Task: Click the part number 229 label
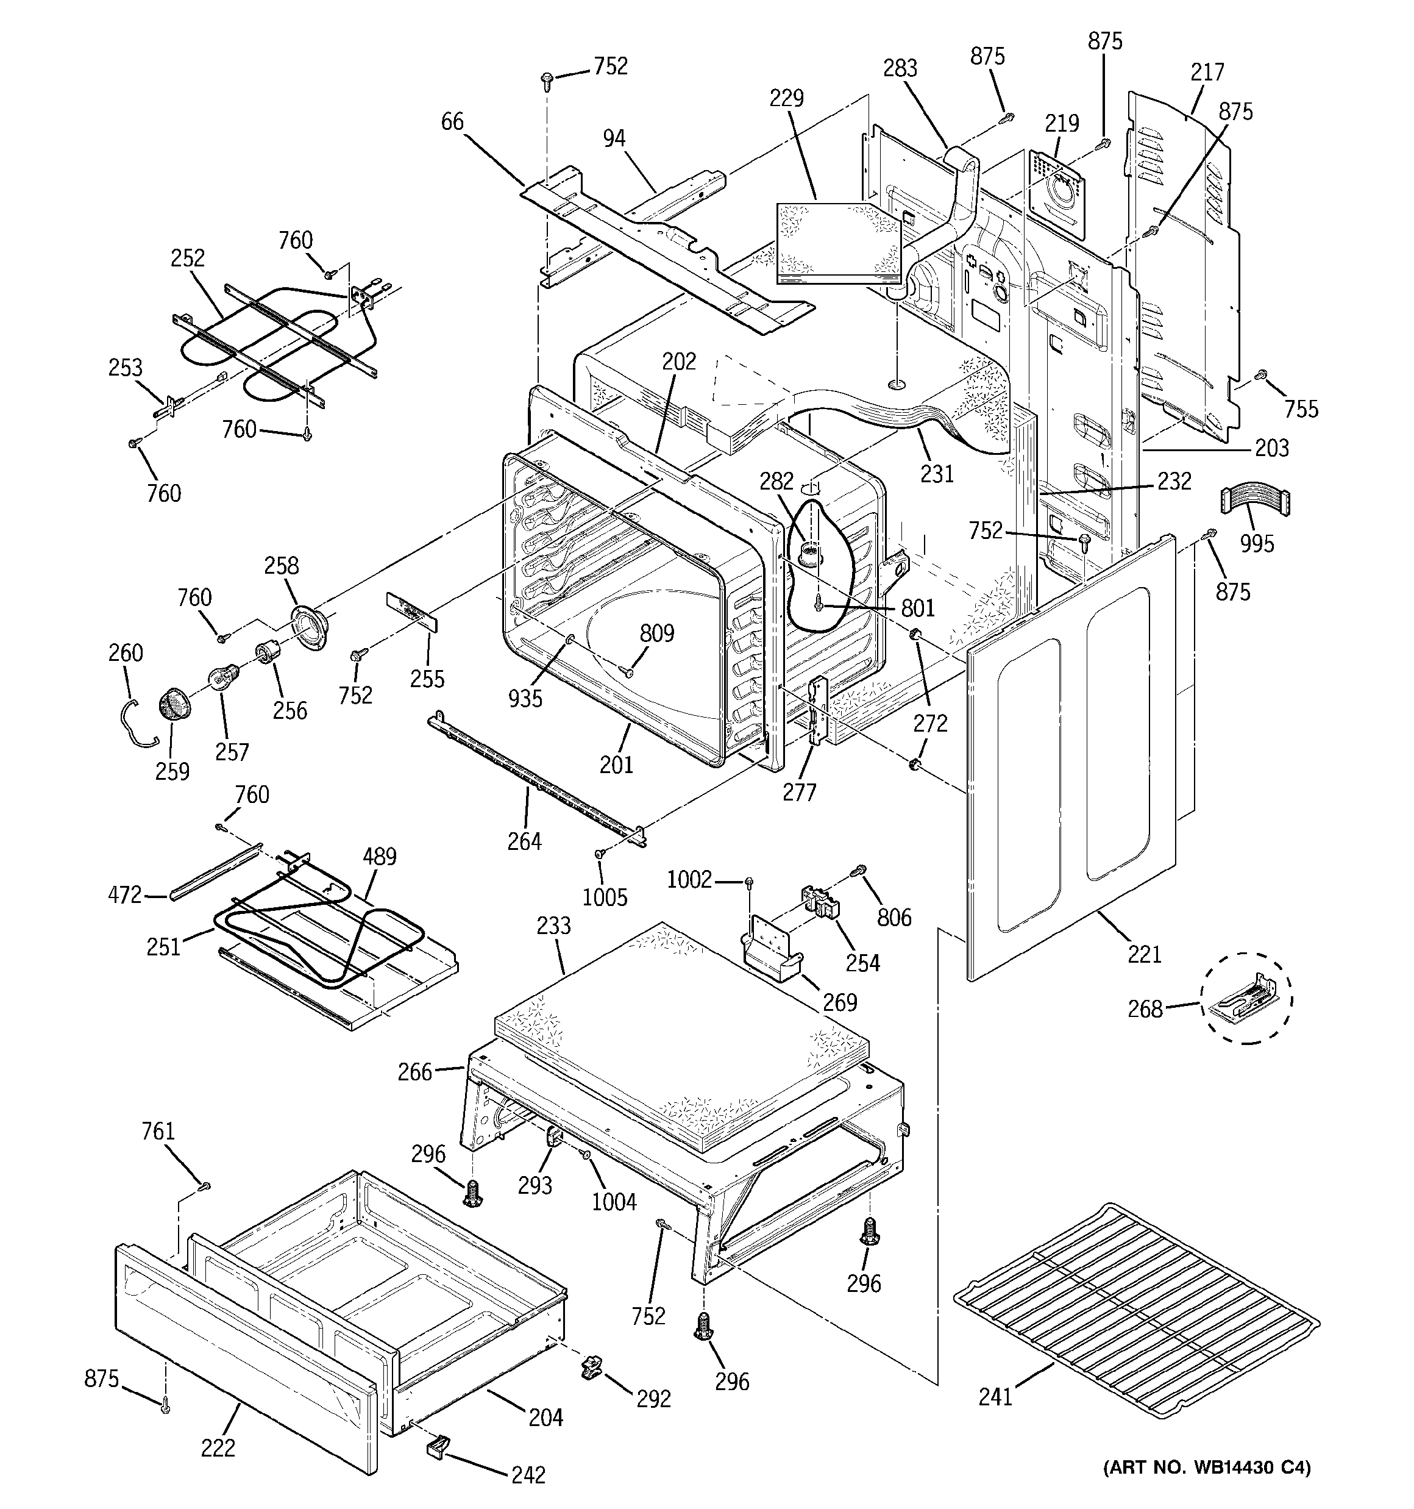pos(786,99)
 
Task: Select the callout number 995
pos(1257,543)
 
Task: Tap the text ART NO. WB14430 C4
pos(1206,1488)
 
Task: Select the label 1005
pos(605,898)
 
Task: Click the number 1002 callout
pos(689,880)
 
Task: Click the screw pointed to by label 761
pos(204,1186)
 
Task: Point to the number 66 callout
pos(452,121)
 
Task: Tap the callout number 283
pos(900,68)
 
